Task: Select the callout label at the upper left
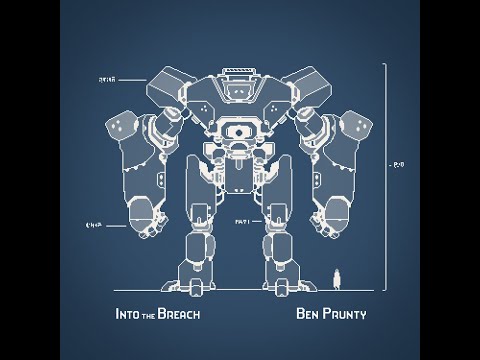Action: coord(108,77)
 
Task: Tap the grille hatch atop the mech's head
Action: coord(240,73)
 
